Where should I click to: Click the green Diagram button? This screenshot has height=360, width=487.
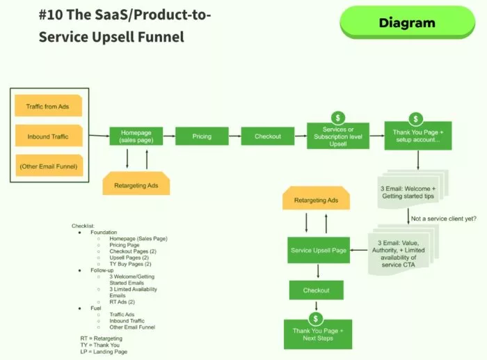[x=407, y=22]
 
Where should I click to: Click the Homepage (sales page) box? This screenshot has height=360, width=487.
[x=136, y=136]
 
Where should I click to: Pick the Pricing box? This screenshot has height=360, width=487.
[x=202, y=136]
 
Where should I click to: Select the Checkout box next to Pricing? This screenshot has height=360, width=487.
[x=268, y=136]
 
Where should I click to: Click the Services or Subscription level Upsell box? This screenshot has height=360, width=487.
[x=338, y=136]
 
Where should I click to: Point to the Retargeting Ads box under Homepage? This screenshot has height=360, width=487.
[x=136, y=186]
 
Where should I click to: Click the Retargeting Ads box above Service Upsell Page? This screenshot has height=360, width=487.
[x=316, y=200]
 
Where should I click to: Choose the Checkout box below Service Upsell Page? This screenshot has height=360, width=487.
[x=316, y=290]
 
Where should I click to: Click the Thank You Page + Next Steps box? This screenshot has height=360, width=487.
[x=317, y=334]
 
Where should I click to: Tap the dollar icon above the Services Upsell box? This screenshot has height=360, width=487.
[x=338, y=118]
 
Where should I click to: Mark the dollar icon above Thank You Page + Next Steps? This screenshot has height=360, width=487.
[x=317, y=318]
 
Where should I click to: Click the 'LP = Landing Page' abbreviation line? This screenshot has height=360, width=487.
[x=104, y=352]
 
